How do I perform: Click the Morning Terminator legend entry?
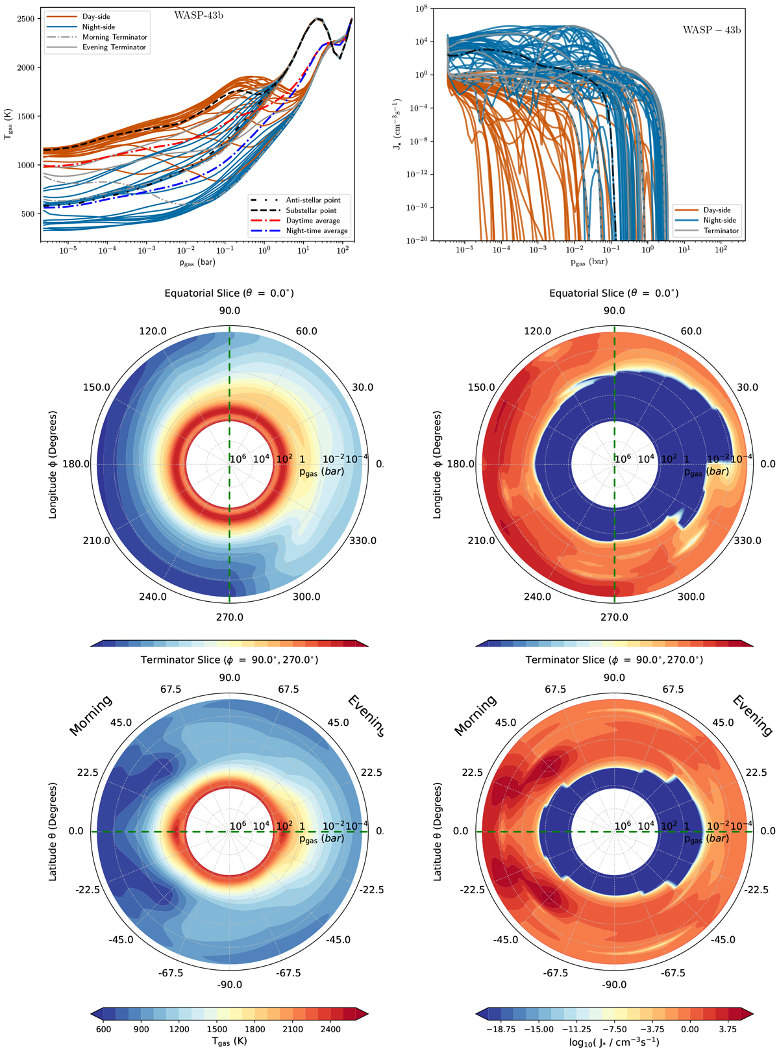[x=114, y=37]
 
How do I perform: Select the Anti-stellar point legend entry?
[x=313, y=200]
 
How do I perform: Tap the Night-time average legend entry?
[x=317, y=230]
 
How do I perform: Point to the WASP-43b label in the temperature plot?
[x=199, y=16]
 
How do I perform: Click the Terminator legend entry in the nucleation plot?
[x=721, y=230]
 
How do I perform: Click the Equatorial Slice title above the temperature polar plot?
[x=229, y=293]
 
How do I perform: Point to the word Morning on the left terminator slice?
[x=91, y=715]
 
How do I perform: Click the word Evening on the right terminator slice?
[x=752, y=715]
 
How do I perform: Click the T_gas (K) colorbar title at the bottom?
[x=229, y=1042]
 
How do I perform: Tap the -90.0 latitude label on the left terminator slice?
[x=229, y=985]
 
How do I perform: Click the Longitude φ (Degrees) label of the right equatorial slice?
[x=438, y=464]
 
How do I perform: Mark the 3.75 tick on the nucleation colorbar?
[x=728, y=1029]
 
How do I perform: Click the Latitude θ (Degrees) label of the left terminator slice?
[x=53, y=832]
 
